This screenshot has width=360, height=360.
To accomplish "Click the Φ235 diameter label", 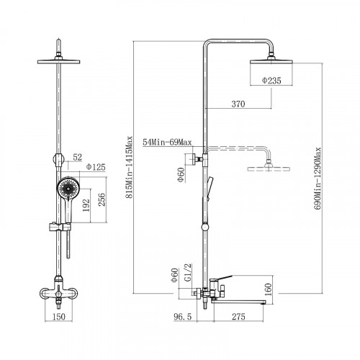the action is [271, 81].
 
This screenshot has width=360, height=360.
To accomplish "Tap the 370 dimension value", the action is [238, 104].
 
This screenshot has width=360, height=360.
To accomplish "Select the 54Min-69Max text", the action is [167, 143].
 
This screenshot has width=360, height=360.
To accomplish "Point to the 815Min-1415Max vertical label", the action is [130, 167].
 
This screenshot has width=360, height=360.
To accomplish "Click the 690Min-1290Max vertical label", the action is [318, 179].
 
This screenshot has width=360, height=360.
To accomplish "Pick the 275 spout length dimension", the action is [238, 317].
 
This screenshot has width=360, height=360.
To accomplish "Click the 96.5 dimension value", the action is [183, 317].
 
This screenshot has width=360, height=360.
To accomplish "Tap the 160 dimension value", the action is [268, 289].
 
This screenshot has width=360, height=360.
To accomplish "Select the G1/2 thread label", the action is [189, 273].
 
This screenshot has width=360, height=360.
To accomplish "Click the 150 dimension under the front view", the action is [59, 317].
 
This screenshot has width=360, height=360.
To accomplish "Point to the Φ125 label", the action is [96, 167].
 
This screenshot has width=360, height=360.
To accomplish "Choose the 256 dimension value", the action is [102, 199].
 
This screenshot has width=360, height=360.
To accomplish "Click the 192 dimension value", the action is [86, 205].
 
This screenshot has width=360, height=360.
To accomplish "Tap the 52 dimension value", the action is [78, 157].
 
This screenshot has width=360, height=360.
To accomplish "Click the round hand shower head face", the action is [68, 188].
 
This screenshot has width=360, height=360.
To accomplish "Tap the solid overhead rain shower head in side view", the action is [271, 61].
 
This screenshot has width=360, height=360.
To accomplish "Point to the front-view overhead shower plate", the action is [58, 62].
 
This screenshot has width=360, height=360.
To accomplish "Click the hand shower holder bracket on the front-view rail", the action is [60, 227].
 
